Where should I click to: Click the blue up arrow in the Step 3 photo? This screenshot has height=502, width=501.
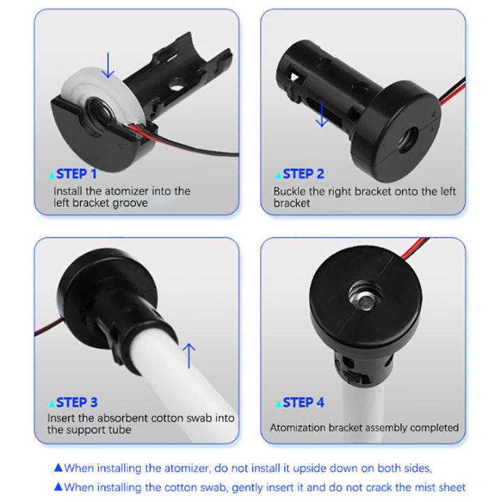coord(190,354)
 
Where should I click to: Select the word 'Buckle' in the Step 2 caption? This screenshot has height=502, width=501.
coord(291,191)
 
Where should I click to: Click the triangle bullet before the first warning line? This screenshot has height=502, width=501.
coord(59,468)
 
